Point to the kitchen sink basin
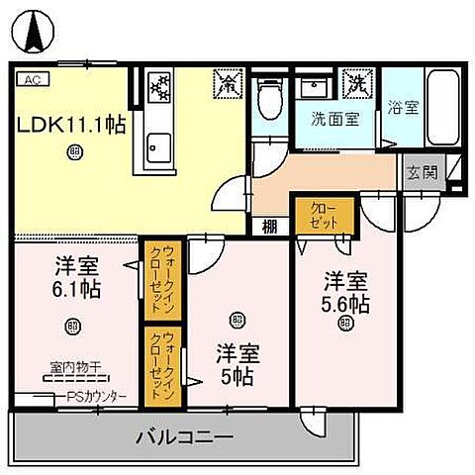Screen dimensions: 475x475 click(x=158, y=148)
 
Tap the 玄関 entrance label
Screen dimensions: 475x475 click(x=422, y=172)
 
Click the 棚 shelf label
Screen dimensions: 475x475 click(x=269, y=227)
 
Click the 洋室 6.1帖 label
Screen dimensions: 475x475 click(x=75, y=278)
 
